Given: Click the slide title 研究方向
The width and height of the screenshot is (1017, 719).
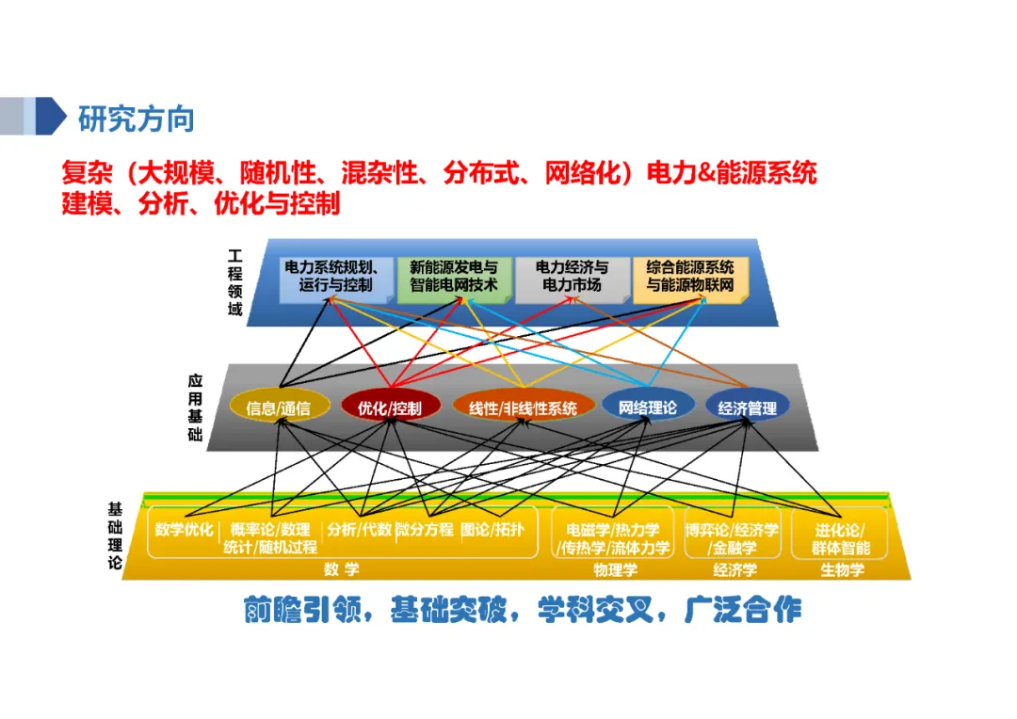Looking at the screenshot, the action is click(x=137, y=120).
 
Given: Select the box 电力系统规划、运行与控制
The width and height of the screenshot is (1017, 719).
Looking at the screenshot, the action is click(x=335, y=276).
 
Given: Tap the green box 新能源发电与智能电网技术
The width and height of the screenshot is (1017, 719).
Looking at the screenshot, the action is click(x=454, y=276).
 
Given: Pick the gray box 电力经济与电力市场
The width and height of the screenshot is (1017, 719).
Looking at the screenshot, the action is click(x=572, y=276).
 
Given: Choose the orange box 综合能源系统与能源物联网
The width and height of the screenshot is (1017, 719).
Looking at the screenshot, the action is click(x=690, y=276).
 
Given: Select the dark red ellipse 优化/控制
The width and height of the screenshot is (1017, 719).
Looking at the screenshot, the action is click(x=389, y=407).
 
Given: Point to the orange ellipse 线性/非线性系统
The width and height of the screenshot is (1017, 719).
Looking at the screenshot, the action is click(x=524, y=407).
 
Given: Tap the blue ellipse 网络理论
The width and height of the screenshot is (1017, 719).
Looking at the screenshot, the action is click(x=647, y=407).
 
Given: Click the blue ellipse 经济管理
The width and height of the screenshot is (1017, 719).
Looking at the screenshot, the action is click(x=747, y=407).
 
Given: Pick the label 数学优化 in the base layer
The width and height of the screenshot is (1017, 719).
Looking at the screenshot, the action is click(x=185, y=530).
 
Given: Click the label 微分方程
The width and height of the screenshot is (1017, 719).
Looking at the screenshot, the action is click(x=425, y=530).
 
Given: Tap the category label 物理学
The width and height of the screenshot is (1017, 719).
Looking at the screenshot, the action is click(x=616, y=569).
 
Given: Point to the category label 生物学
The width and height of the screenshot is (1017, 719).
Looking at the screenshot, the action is click(x=842, y=569).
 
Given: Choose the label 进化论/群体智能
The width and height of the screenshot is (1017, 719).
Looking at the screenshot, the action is click(x=842, y=538).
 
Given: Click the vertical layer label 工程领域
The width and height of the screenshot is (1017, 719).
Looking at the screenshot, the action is click(x=234, y=282).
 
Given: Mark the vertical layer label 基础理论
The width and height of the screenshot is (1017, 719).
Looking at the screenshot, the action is click(x=115, y=535).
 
